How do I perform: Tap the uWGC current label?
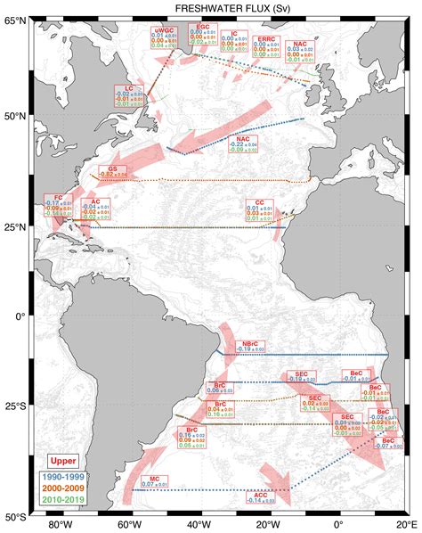click(x=164, y=30)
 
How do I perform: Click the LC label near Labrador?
click(x=129, y=88)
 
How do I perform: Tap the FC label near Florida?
click(x=59, y=198)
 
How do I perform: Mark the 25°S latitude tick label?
click(x=15, y=414)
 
